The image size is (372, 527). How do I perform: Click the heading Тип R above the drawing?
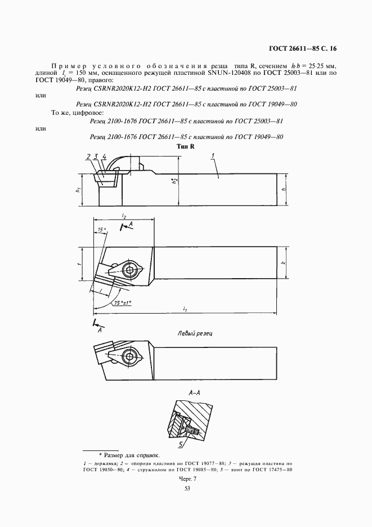[185, 146]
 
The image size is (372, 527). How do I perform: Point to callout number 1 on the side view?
[213, 156]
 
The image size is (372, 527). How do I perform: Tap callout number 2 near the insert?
[89, 156]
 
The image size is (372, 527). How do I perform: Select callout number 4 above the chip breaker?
[104, 156]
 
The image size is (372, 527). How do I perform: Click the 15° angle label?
[101, 230]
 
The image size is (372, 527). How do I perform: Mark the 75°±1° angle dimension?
[122, 303]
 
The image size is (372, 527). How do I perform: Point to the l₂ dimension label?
[124, 216]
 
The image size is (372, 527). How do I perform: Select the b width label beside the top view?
[284, 262]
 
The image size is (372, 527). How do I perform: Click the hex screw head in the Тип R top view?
[131, 271]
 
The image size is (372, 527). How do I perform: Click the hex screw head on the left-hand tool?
[131, 357]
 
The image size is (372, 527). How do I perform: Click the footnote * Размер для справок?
[129, 455]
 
